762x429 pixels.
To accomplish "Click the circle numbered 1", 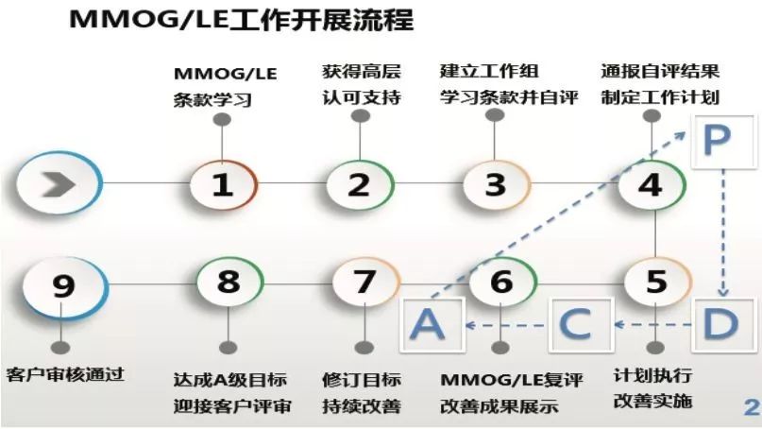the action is click(x=223, y=185).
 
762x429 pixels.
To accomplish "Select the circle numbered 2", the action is click(x=360, y=185).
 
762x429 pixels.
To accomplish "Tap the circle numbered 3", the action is click(x=496, y=185).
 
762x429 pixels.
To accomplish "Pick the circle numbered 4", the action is click(x=652, y=185).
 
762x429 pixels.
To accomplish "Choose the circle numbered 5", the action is click(x=656, y=283).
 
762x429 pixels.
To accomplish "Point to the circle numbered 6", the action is click(x=502, y=283).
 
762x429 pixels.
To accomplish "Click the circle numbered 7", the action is click(x=365, y=283).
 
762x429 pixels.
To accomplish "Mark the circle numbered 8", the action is click(x=229, y=283).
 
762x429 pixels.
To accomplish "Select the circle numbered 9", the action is click(x=64, y=286).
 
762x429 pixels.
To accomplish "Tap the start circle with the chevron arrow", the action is click(x=59, y=184).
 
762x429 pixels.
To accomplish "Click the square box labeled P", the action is click(x=718, y=141).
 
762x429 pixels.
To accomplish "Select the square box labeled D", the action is click(x=721, y=324).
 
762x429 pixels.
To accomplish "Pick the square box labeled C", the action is click(x=581, y=324).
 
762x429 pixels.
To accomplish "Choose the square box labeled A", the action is click(x=432, y=324).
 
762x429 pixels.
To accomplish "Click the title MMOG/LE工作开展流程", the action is click(x=242, y=20).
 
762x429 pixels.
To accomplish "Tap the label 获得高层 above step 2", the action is click(x=362, y=72).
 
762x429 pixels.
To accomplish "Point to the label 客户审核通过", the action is click(x=65, y=375).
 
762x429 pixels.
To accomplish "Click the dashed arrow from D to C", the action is click(x=652, y=324).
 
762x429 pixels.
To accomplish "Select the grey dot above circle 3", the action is click(x=495, y=115).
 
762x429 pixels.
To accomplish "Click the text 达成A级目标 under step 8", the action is click(x=229, y=380).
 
